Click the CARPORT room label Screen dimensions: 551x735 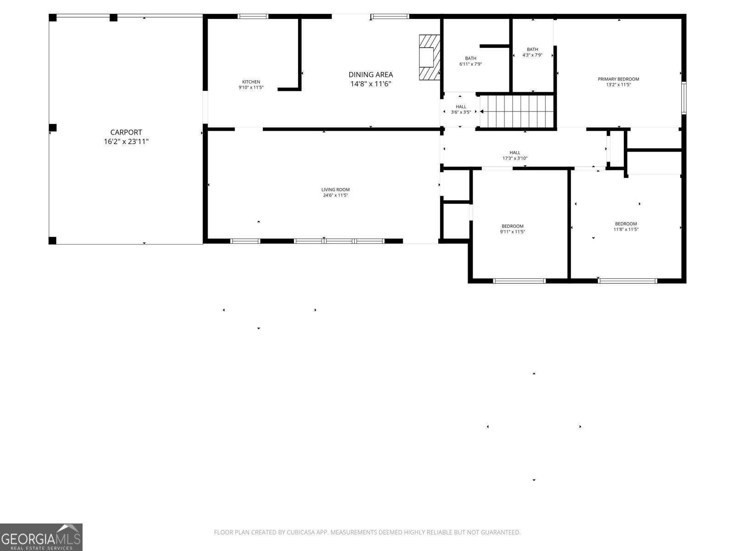126,132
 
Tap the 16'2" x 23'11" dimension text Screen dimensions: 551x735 126,142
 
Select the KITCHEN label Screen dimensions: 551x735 251,82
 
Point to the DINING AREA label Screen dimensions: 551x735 371,74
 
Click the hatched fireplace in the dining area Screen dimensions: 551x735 429,57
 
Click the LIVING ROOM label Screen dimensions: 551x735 335,190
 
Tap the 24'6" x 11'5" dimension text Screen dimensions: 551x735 335,196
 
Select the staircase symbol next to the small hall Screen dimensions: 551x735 517,111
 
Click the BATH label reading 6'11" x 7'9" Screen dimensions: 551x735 470,58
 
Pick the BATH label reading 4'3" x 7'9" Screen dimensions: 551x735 532,49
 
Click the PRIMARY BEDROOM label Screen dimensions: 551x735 618,79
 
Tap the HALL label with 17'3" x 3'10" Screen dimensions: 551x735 515,152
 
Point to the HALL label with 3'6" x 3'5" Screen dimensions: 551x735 461,107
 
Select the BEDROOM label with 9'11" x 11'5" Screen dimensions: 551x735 512,226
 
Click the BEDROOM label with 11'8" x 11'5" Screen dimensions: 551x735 626,224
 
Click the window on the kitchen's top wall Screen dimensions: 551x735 253,17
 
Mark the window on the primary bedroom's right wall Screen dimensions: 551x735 684,97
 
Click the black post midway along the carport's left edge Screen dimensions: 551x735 53,128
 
